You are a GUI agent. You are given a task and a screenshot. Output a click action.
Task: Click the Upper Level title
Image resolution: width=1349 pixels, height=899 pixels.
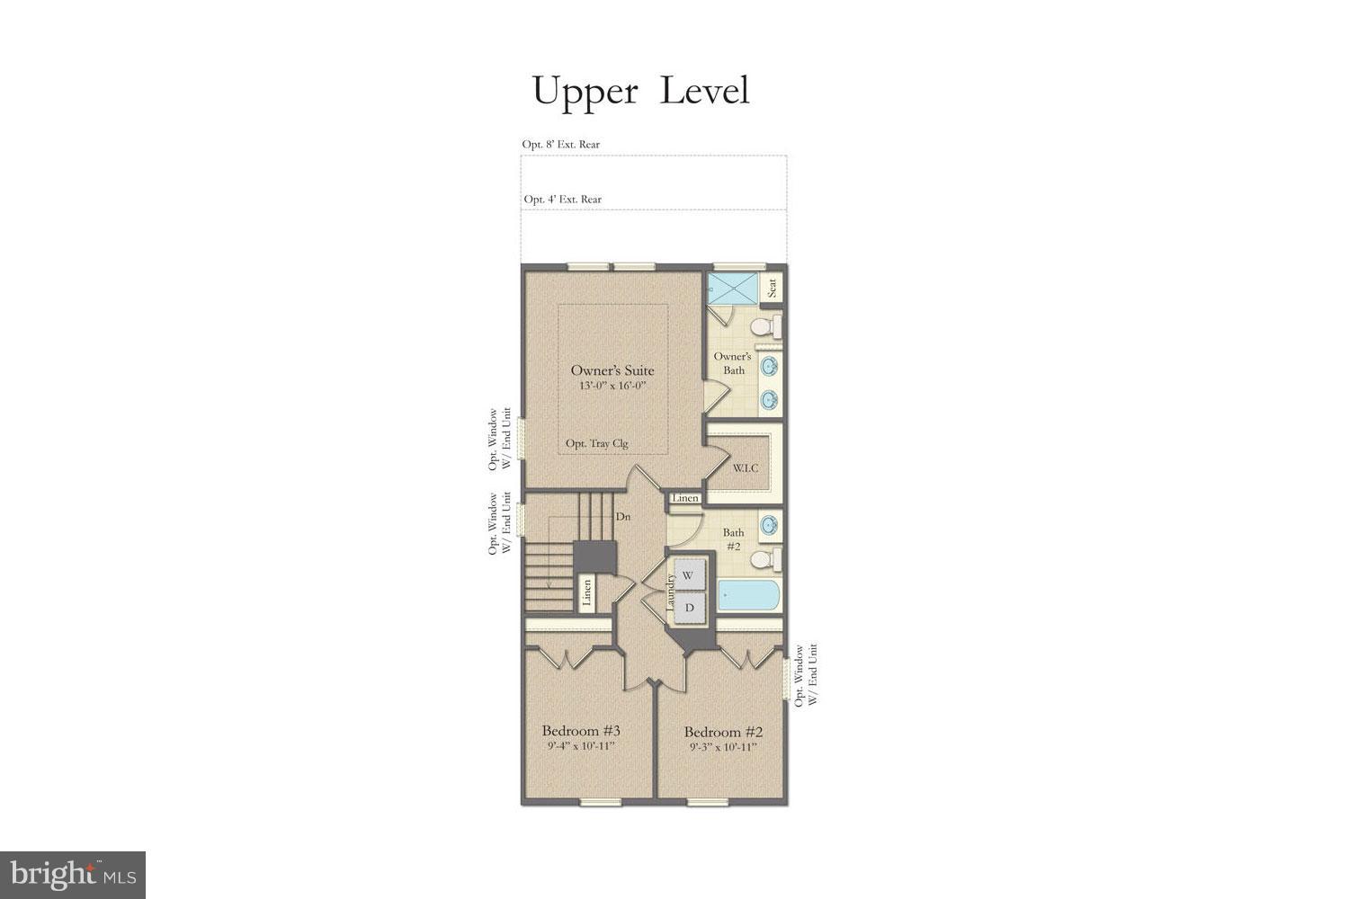point(640,92)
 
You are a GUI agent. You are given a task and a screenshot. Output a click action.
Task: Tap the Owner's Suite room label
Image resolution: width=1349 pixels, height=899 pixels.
point(612,369)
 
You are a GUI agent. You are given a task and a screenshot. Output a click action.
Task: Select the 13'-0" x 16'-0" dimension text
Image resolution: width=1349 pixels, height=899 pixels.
point(612,386)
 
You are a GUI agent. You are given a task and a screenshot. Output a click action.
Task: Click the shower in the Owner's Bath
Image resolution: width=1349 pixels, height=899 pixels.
point(732,289)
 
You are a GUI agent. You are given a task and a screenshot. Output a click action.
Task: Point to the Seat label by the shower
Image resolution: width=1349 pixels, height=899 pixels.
point(772,288)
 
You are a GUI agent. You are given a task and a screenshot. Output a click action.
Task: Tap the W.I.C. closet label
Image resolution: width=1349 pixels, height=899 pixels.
point(745,467)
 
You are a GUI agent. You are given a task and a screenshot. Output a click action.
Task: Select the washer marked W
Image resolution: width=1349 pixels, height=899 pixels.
point(688,575)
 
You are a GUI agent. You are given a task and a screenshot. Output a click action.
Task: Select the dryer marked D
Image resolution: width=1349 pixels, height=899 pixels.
point(690,608)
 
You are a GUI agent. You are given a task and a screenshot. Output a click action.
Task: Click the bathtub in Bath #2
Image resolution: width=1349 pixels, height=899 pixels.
point(748,595)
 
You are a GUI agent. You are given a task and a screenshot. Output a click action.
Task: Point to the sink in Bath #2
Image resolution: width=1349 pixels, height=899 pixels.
point(769,525)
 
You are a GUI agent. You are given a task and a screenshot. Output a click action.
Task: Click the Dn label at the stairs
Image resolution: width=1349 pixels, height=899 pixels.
point(622,517)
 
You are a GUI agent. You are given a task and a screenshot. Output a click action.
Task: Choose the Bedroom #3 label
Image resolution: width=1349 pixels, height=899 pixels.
point(581,731)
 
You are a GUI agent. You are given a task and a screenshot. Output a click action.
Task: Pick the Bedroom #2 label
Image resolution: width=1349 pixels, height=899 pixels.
point(723,732)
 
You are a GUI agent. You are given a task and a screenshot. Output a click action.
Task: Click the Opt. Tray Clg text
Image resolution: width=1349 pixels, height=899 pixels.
point(597,443)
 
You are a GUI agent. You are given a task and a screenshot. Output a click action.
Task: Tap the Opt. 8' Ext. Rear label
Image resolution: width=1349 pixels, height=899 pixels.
point(560,145)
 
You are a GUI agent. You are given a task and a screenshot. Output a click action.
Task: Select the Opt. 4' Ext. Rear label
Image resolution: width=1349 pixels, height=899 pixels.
point(562,200)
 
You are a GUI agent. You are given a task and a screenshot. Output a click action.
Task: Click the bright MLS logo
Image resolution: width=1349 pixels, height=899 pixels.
point(73,875)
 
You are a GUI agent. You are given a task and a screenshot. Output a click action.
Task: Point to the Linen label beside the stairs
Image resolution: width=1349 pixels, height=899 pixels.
point(586,593)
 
